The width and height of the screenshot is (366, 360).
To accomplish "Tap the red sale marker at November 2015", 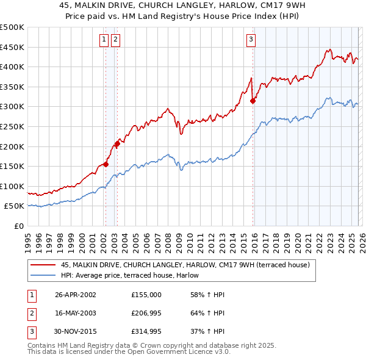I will [253, 101].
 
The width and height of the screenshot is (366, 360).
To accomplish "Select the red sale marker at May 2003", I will [117, 144].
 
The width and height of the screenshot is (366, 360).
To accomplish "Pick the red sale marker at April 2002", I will [106, 164].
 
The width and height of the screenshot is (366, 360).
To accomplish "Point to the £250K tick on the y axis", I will [12, 126].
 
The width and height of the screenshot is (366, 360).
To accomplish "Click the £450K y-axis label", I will [12, 47].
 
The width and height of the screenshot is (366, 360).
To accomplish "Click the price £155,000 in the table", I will [146, 295].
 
